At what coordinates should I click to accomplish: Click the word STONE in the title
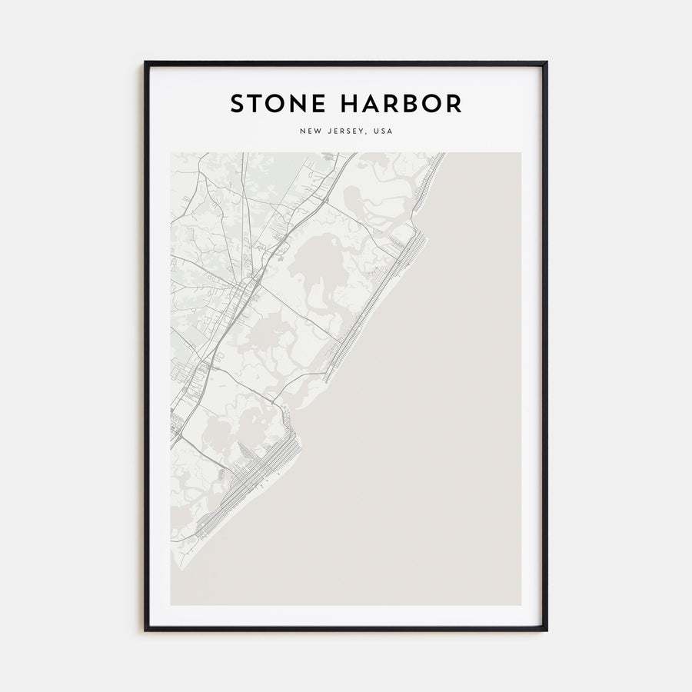click(x=275, y=103)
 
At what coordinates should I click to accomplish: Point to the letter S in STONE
click(x=238, y=103)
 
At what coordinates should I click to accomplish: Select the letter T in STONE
click(x=255, y=103)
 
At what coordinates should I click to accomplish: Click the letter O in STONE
click(x=275, y=103)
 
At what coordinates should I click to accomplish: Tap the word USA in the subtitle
click(x=382, y=131)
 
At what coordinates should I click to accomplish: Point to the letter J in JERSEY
click(x=327, y=131)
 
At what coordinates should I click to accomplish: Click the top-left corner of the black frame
click(x=145, y=63)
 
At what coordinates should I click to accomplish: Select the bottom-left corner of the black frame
click(x=145, y=630)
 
